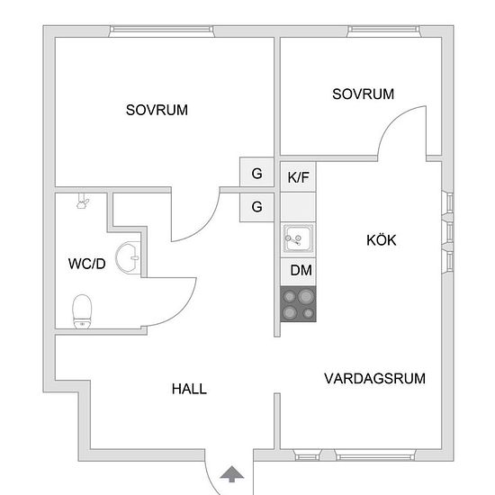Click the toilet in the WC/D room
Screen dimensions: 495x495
[82, 311]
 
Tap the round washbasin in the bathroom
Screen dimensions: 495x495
[128, 257]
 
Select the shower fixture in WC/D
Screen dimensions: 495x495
[83, 201]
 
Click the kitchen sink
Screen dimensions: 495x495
[298, 238]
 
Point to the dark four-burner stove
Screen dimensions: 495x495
[298, 304]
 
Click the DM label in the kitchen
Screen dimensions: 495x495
[301, 270]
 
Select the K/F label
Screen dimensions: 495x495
[298, 177]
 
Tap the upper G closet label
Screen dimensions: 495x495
[256, 174]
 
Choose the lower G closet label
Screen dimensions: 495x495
[256, 207]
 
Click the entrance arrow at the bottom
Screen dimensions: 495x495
[232, 473]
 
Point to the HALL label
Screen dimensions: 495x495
[189, 389]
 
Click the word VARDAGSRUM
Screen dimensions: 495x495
[374, 379]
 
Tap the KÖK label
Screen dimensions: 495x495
[381, 240]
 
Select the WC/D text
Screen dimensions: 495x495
[86, 264]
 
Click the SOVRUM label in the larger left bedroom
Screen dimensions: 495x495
[157, 110]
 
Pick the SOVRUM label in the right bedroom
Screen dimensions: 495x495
[363, 94]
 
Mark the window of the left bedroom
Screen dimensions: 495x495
[161, 31]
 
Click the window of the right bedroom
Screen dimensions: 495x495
[384, 31]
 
